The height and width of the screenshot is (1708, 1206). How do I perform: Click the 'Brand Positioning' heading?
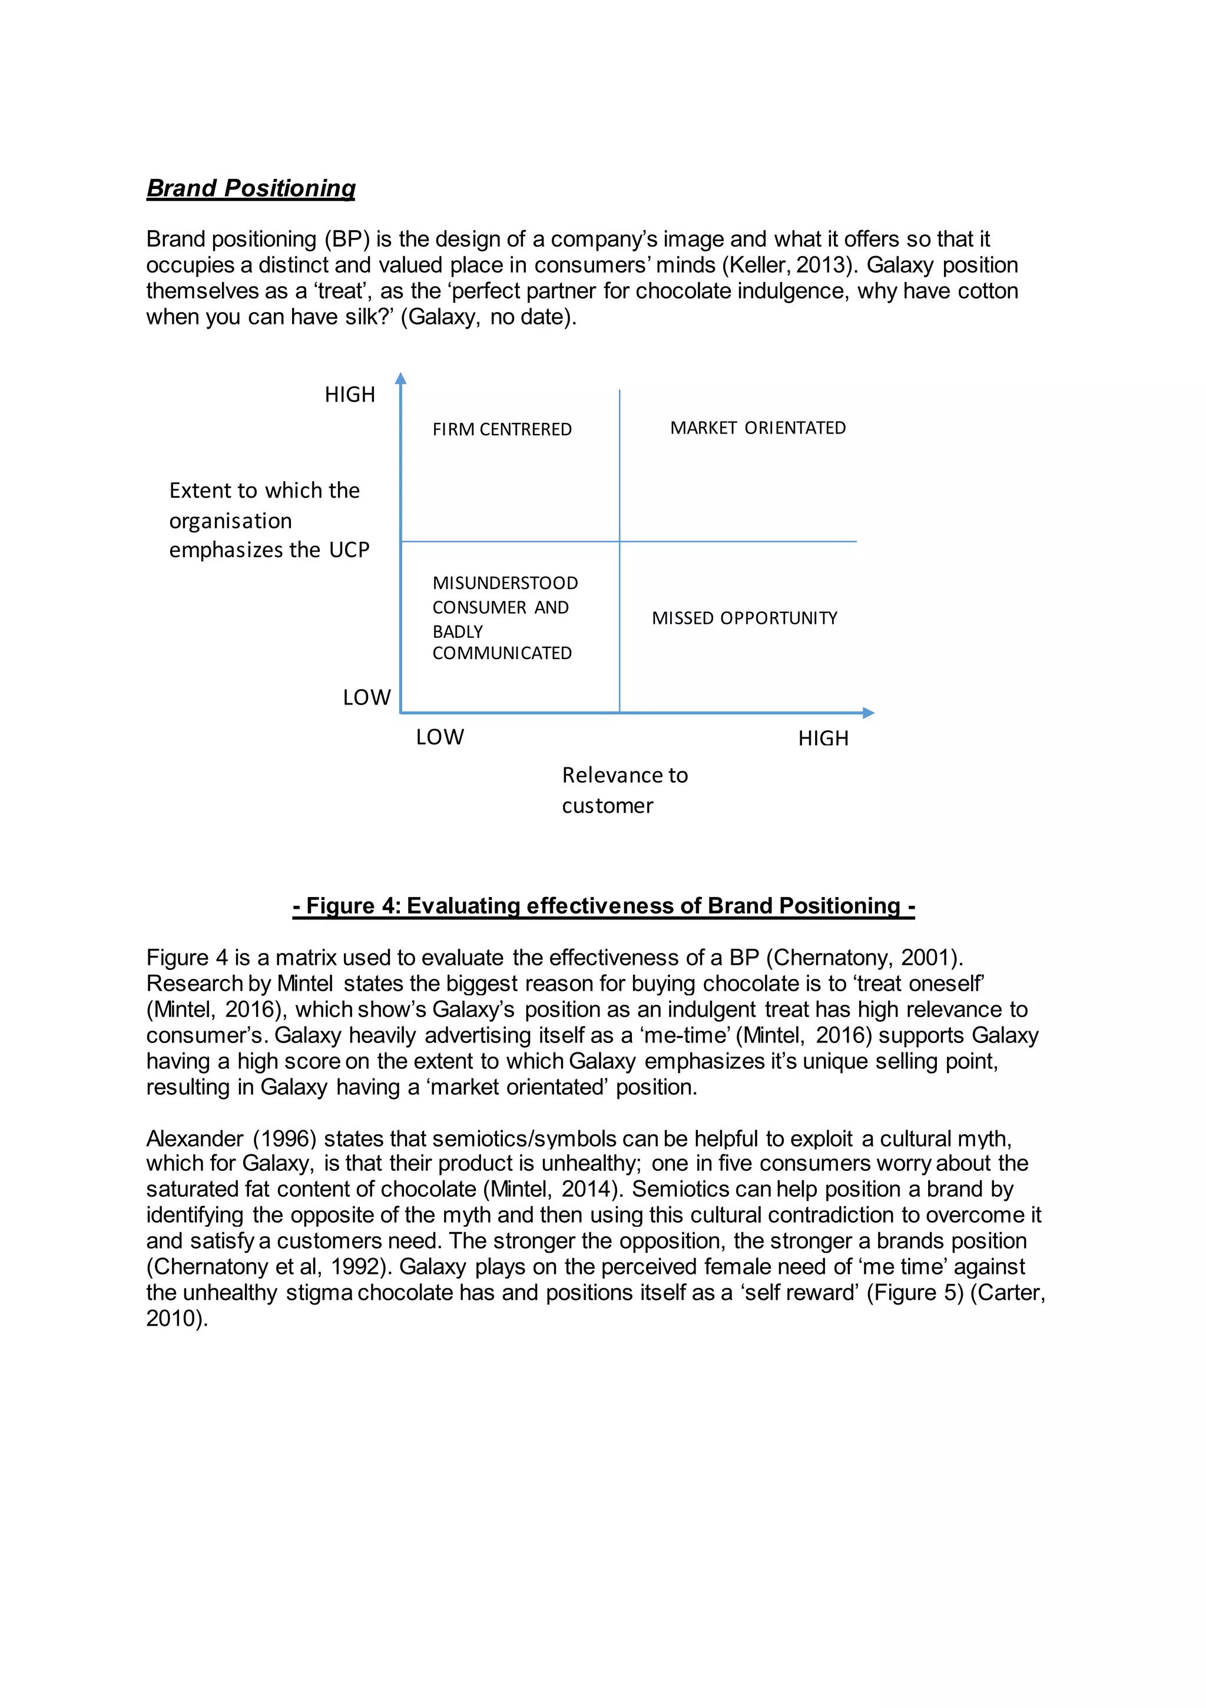point(251,188)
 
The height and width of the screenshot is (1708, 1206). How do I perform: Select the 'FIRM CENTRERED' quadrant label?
point(502,429)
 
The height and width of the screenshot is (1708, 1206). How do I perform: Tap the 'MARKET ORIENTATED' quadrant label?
point(757,428)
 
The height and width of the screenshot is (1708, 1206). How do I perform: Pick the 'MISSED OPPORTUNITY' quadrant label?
point(744,618)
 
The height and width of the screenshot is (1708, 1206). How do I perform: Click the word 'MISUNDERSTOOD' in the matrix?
point(505,583)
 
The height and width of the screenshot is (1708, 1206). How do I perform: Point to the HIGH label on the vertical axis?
point(350,394)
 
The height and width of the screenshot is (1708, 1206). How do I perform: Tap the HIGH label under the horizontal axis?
point(823,739)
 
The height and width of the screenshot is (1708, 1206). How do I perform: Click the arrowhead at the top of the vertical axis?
point(400,379)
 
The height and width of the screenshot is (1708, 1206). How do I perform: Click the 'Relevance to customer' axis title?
point(624,790)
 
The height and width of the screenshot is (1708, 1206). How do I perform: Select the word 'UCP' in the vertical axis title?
point(349,550)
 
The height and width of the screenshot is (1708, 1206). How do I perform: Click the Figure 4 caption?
point(604,905)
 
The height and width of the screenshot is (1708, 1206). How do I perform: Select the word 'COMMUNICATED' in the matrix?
point(502,653)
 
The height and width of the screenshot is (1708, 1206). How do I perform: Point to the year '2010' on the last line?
point(173,1318)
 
